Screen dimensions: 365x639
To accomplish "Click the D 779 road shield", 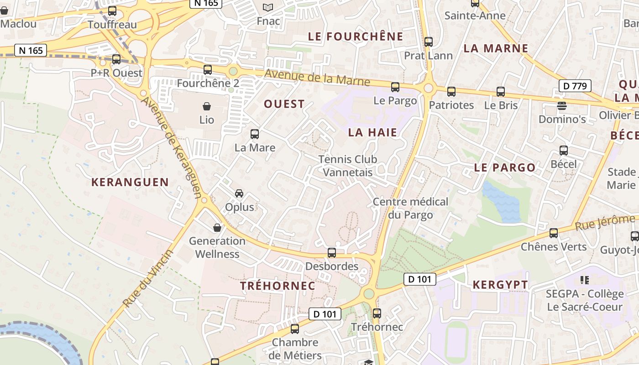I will [x=575, y=85].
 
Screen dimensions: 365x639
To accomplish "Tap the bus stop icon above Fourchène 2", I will [x=208, y=70].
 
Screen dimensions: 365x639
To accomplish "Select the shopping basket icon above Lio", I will [x=207, y=107].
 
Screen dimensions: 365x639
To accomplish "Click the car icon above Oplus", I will [x=239, y=193].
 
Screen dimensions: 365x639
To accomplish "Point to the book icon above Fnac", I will [x=268, y=8].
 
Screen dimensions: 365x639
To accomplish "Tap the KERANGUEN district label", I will [x=130, y=182].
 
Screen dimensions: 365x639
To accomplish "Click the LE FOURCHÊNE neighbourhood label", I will [x=356, y=37].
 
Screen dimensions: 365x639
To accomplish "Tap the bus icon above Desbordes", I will [x=332, y=252].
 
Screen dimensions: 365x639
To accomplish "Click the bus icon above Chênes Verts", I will [x=554, y=233].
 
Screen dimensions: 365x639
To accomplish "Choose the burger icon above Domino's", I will [x=562, y=106].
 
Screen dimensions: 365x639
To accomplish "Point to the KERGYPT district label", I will [x=500, y=285].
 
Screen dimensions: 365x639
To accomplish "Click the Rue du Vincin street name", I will [x=148, y=279].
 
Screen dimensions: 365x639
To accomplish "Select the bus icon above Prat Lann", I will [x=429, y=42].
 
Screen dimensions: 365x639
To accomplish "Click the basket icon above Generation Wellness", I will [x=217, y=227].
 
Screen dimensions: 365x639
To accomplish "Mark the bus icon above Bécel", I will [x=564, y=151].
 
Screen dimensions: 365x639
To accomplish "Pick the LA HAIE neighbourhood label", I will [x=372, y=133].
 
